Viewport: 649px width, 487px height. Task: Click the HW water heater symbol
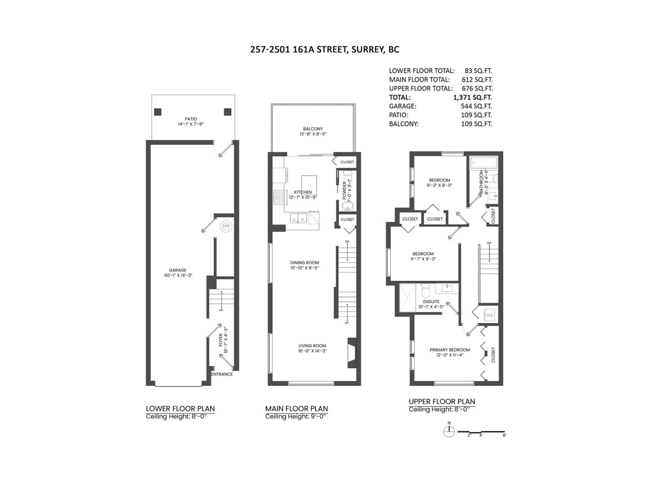coord(226,226)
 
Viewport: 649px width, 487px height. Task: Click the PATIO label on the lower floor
coord(191,119)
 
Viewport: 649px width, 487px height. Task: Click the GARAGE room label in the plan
coord(177,270)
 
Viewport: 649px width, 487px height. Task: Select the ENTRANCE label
coord(222,374)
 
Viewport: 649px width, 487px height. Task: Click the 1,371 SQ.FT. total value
coord(472,97)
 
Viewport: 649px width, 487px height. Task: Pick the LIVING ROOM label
coord(312,346)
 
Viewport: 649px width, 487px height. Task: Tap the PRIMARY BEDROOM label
coord(450,350)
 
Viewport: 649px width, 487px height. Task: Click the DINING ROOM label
coord(305,263)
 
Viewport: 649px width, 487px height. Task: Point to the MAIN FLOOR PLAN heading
coord(296,409)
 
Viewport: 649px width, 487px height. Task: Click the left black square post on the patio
coord(158,112)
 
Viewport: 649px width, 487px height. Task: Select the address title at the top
coord(324,50)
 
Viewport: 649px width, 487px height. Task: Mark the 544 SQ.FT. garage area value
coord(476,106)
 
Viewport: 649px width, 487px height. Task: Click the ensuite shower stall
coord(407,298)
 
